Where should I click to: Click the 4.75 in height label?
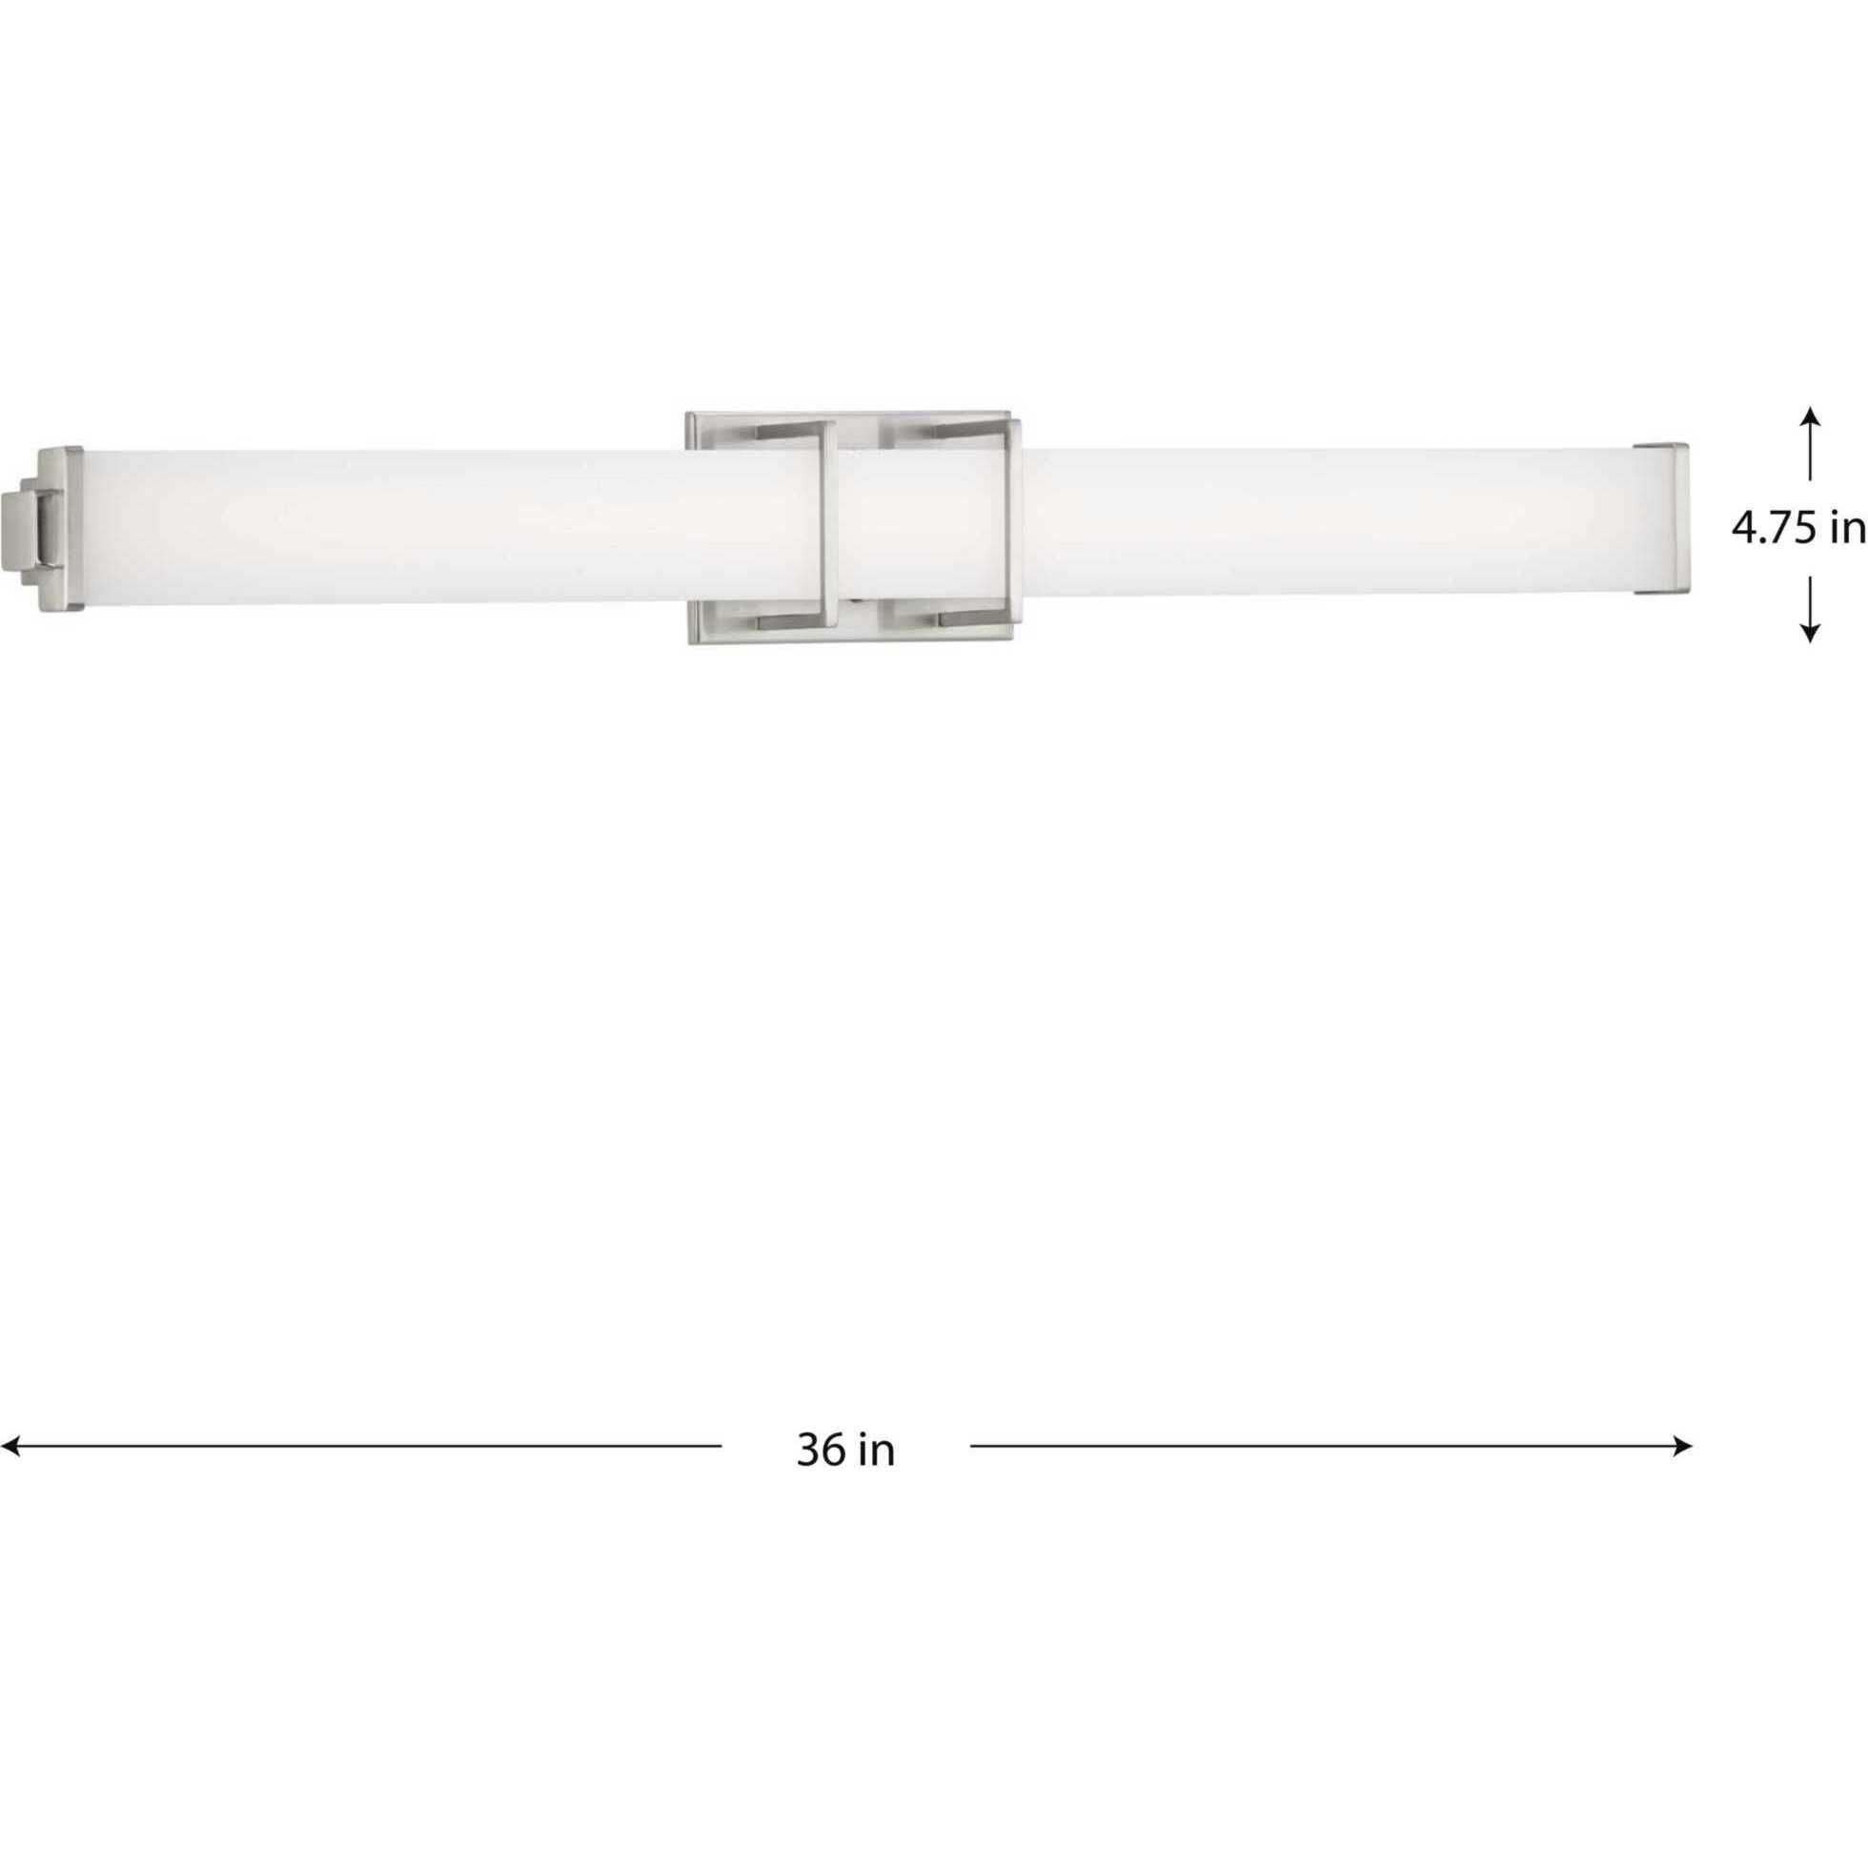tap(1797, 529)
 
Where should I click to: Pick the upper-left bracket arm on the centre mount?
tap(785, 426)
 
